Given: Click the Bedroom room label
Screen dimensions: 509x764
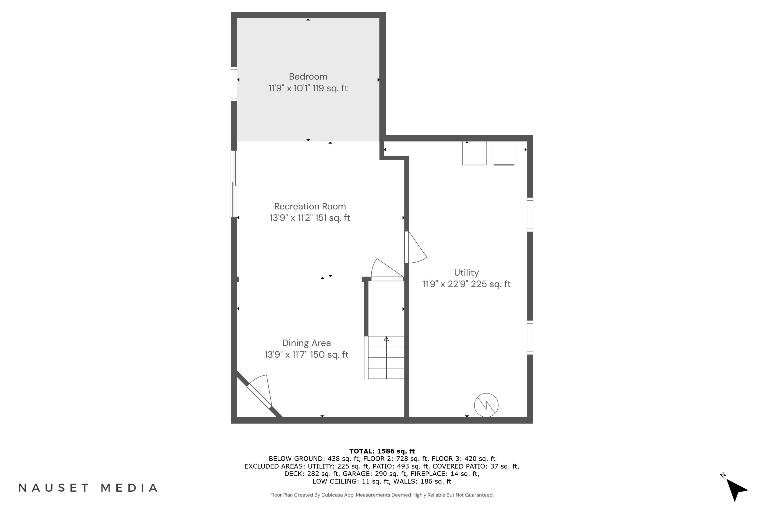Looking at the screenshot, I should point(308,77).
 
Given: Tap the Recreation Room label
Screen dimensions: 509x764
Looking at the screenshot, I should point(310,206).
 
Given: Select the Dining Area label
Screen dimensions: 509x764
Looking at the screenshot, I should point(306,343).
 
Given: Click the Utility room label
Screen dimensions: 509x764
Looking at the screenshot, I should point(466,273).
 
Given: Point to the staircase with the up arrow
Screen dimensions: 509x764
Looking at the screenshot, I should point(386,357).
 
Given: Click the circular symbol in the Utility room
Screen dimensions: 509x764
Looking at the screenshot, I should point(486,405).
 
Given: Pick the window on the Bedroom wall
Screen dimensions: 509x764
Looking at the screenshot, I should point(234,84).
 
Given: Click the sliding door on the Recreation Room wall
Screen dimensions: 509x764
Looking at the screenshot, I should point(234,184).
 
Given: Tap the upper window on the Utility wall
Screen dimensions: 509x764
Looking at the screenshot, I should point(529,215).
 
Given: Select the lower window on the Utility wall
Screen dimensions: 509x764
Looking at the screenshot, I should point(529,338).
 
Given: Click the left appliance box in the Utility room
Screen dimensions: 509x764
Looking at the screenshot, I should point(474,153).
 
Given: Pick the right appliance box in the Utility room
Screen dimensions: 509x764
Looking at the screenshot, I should point(503,153).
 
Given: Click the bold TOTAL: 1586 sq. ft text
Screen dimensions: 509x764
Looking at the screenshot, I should point(382,451).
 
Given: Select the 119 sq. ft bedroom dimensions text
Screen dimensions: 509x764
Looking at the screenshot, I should point(308,88).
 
